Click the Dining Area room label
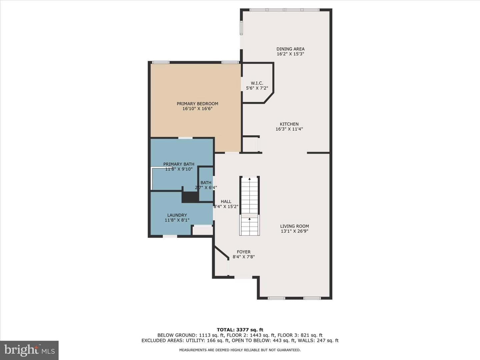coord(290,49)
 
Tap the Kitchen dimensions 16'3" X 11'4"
coord(289,129)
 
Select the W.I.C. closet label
coord(257,83)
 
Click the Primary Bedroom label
coord(197,104)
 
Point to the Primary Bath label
coord(179,164)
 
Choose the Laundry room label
coord(177,215)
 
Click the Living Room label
coord(295,226)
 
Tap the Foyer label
coord(244,252)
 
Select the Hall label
coord(226,202)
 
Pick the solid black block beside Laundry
coord(190,197)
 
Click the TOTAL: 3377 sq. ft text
coord(240,330)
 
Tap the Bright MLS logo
coord(29,350)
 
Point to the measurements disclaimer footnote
coord(240,350)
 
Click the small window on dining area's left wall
coord(241,28)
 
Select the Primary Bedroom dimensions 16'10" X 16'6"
coord(197,109)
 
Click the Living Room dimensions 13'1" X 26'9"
coord(295,231)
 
